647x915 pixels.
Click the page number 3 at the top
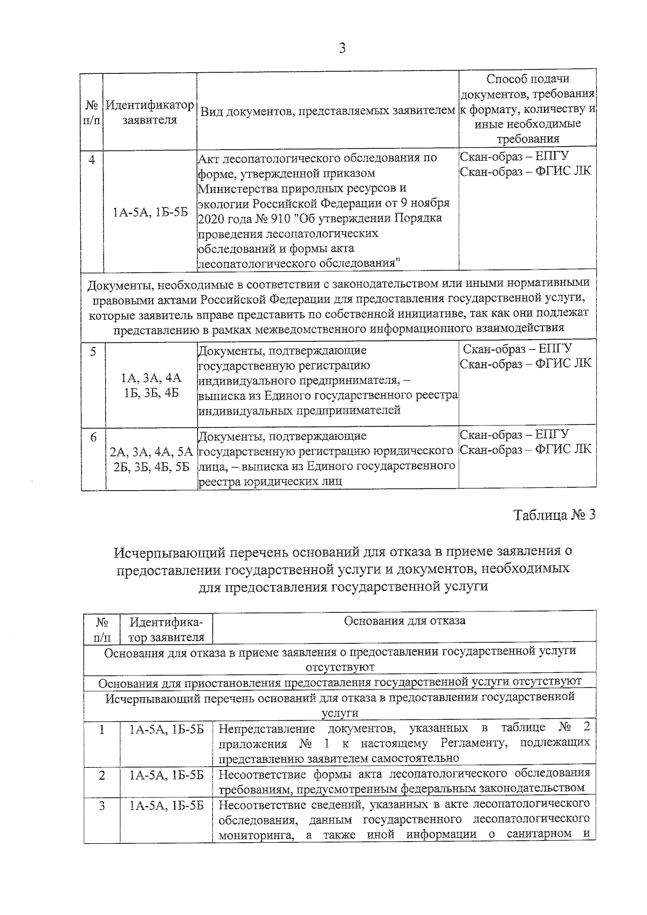pyautogui.click(x=341, y=49)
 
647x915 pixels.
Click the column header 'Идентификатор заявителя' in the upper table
pyautogui.click(x=150, y=112)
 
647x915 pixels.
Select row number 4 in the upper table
pyautogui.click(x=92, y=160)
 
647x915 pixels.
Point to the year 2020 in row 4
pyautogui.click(x=211, y=218)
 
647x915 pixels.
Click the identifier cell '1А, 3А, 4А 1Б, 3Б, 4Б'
pyautogui.click(x=151, y=385)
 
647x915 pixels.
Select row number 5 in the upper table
pyautogui.click(x=93, y=352)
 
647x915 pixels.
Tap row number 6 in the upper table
pyautogui.click(x=93, y=437)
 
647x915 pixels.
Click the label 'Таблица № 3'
pyautogui.click(x=554, y=515)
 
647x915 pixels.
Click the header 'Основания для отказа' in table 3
pyautogui.click(x=404, y=621)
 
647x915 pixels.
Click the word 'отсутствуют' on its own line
pyautogui.click(x=340, y=667)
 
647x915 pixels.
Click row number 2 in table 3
pyautogui.click(x=101, y=776)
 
